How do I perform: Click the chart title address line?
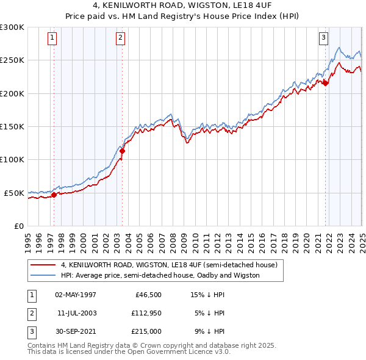tap(182, 6)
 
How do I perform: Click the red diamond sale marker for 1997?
tap(54, 195)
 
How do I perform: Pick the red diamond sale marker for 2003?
tap(122, 151)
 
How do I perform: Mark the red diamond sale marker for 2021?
tap(325, 83)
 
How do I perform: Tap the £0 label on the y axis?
tap(18, 226)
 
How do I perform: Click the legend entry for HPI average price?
tap(160, 275)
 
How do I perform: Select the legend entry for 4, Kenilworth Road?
tap(169, 265)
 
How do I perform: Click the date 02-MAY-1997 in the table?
tap(76, 295)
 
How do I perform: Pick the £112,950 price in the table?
tap(145, 313)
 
